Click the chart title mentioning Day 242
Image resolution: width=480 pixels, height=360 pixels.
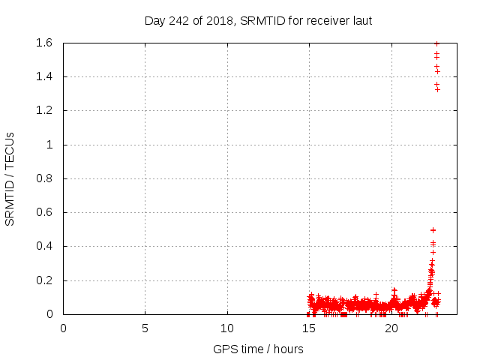point(258,20)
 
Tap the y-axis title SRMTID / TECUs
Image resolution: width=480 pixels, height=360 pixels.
point(10,178)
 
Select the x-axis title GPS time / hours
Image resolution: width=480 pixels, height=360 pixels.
point(258,349)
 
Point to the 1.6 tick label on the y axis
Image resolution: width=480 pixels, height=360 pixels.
point(43,43)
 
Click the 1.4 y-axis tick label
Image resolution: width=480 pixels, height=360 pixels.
point(43,76)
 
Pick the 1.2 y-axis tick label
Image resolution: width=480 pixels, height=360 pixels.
point(43,111)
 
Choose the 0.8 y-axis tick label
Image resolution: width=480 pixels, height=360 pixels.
point(43,178)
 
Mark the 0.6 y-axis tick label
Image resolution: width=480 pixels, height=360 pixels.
point(43,212)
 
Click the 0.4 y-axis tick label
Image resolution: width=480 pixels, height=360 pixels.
point(43,246)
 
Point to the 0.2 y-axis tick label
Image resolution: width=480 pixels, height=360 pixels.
point(43,280)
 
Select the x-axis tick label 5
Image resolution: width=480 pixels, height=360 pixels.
point(145,328)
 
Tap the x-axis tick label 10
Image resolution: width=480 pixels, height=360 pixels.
point(227,328)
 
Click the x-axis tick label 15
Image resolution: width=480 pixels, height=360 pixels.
point(309,328)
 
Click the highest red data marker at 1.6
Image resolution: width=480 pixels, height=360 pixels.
point(436,43)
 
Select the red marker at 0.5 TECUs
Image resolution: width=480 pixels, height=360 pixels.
point(433,229)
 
